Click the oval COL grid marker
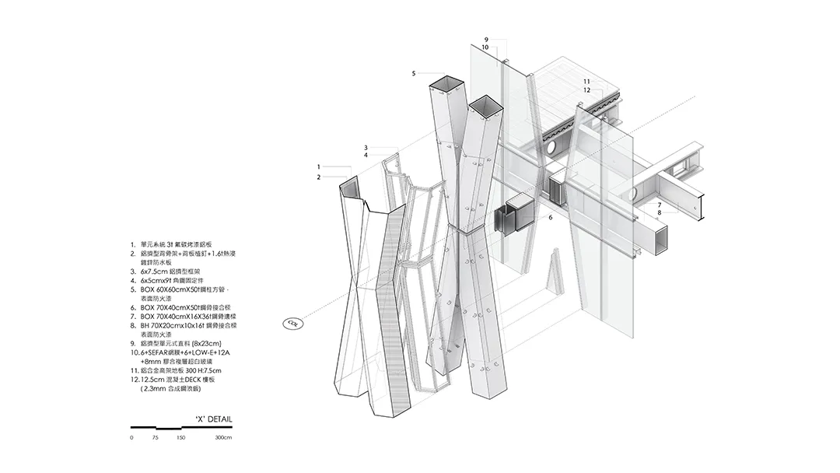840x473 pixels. coord(292,323)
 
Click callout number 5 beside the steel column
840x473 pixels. coord(415,73)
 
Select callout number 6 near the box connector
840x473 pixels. coord(550,218)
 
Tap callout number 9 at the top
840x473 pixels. coord(485,40)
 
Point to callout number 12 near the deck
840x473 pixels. coord(586,90)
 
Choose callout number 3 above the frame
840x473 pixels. coord(365,148)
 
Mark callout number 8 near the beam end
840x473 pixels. coord(659,212)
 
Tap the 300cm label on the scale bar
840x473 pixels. coord(223,438)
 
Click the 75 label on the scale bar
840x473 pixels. coord(156,438)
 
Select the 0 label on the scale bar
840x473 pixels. coord(132,438)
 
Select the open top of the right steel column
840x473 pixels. coord(485,106)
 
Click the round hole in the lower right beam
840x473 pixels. coord(631,193)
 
